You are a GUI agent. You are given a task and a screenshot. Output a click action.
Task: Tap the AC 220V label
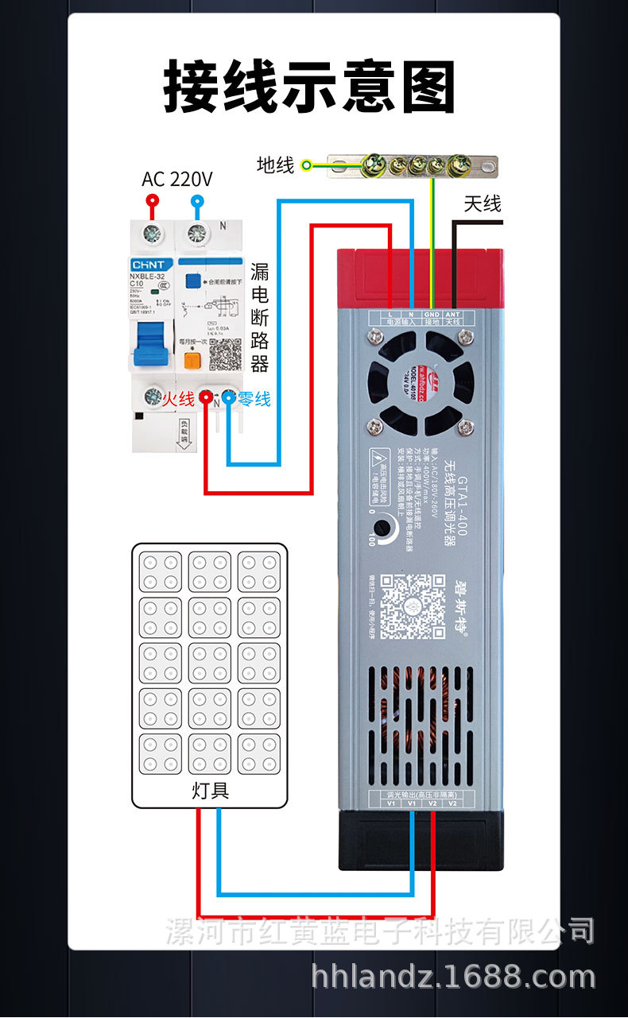click(x=176, y=179)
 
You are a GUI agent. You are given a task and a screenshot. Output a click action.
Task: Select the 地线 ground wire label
click(x=275, y=165)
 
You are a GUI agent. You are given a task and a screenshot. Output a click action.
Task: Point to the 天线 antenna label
click(x=483, y=204)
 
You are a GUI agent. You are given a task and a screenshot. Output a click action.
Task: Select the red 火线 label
click(x=179, y=399)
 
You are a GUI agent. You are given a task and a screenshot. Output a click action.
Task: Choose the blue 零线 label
click(x=254, y=399)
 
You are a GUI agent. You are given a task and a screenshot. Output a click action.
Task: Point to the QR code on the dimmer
click(x=412, y=606)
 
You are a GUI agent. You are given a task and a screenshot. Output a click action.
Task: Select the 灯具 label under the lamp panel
click(x=210, y=791)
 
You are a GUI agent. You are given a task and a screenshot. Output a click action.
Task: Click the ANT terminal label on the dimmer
click(x=453, y=315)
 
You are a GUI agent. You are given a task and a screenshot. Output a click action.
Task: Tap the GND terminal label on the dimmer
click(x=432, y=315)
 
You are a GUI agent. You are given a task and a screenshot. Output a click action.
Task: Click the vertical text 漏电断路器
click(x=260, y=318)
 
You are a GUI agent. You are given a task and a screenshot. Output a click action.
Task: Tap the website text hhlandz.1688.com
click(x=453, y=977)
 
